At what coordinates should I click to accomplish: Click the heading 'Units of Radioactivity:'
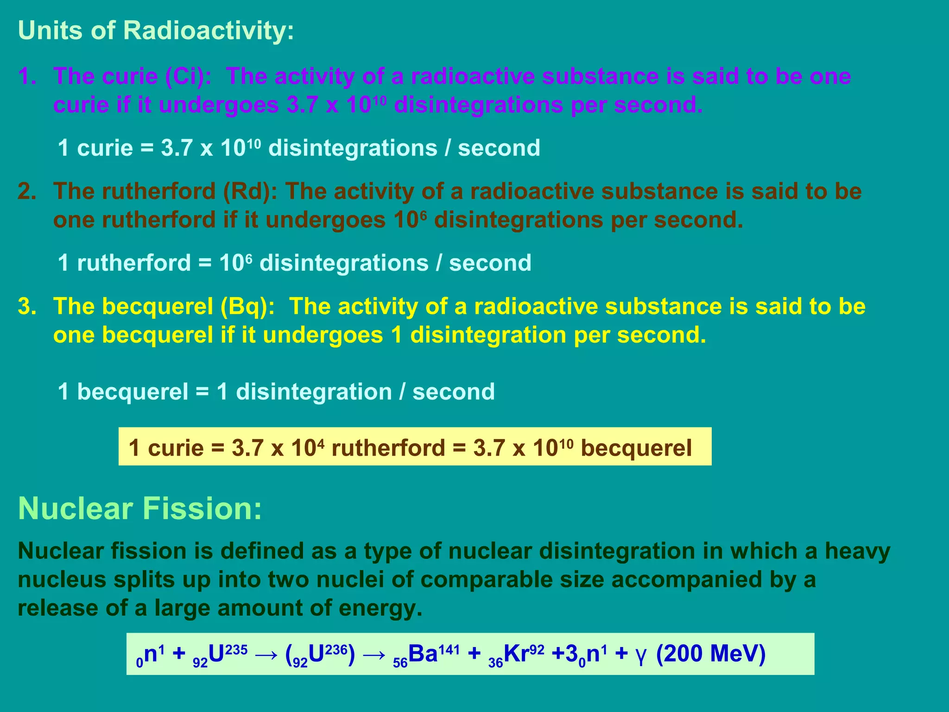point(156,31)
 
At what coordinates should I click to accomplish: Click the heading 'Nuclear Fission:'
point(140,509)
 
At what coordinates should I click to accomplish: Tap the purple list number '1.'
point(27,76)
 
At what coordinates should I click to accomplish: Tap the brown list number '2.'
point(27,191)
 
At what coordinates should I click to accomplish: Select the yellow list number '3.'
point(27,307)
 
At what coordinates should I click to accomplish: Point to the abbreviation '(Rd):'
point(250,191)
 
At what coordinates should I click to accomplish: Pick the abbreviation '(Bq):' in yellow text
point(247,307)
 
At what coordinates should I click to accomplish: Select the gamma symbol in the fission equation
point(641,655)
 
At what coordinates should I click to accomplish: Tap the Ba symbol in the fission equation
point(423,654)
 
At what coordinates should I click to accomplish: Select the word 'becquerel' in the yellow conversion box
point(636,448)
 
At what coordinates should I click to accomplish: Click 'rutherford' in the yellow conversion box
point(388,448)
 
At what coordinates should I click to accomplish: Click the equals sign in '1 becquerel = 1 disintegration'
point(202,392)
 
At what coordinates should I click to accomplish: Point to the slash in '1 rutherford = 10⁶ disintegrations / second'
point(438,263)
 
